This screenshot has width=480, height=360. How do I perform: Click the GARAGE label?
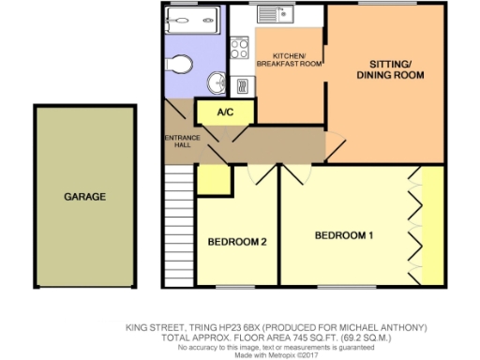84,197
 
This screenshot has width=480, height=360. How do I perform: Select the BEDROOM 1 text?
343,234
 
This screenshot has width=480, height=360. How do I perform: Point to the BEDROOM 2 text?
238,242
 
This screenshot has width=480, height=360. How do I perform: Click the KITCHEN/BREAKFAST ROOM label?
290,59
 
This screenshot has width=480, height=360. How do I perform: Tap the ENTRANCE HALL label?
178,142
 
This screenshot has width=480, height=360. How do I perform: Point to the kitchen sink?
279,16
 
